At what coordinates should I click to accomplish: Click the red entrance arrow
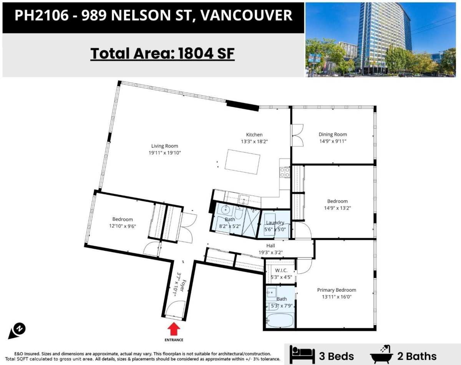point(174,329)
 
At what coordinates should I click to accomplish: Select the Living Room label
point(164,146)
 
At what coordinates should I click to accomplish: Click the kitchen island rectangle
point(243,162)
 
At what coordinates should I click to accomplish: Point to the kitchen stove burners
point(285,172)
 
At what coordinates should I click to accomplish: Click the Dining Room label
point(332,134)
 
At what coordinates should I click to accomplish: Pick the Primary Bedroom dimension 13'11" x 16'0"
point(337,297)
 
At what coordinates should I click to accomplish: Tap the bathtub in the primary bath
point(280,320)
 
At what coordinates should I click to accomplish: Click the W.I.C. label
point(281,271)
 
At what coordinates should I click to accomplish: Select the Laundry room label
point(275,223)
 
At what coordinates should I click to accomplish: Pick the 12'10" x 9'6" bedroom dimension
point(123,226)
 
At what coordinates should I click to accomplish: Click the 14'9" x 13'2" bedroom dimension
point(337,208)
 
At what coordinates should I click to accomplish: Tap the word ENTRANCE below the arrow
point(174,340)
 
